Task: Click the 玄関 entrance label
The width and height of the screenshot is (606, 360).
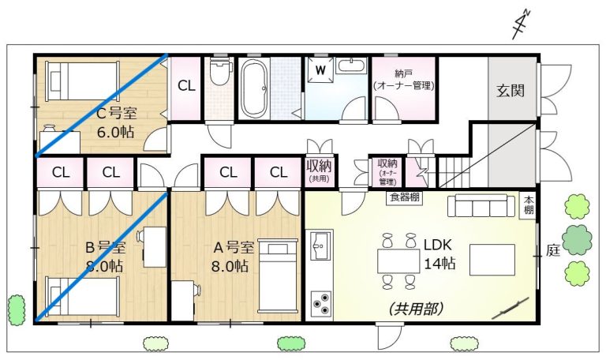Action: (511, 91)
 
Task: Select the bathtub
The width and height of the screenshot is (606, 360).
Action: (254, 89)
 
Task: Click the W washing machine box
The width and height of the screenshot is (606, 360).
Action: (320, 70)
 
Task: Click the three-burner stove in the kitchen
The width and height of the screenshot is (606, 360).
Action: (321, 303)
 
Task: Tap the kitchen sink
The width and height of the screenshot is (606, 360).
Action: (320, 246)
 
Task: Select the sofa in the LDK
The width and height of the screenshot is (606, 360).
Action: (481, 205)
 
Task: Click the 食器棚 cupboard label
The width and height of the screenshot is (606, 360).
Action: (404, 197)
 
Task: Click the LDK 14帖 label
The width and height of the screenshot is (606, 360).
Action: (439, 254)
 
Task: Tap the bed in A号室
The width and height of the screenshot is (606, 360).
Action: (279, 276)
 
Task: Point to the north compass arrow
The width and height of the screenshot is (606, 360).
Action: (521, 24)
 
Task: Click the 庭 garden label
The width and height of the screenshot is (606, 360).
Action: (553, 250)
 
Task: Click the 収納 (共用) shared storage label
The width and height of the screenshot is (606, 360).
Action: (320, 171)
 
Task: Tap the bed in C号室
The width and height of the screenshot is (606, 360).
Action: (82, 81)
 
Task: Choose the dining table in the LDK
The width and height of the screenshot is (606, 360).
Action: (398, 261)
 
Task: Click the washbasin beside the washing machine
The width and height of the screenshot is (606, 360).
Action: (351, 66)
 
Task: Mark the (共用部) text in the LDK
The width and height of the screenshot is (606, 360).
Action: (416, 309)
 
